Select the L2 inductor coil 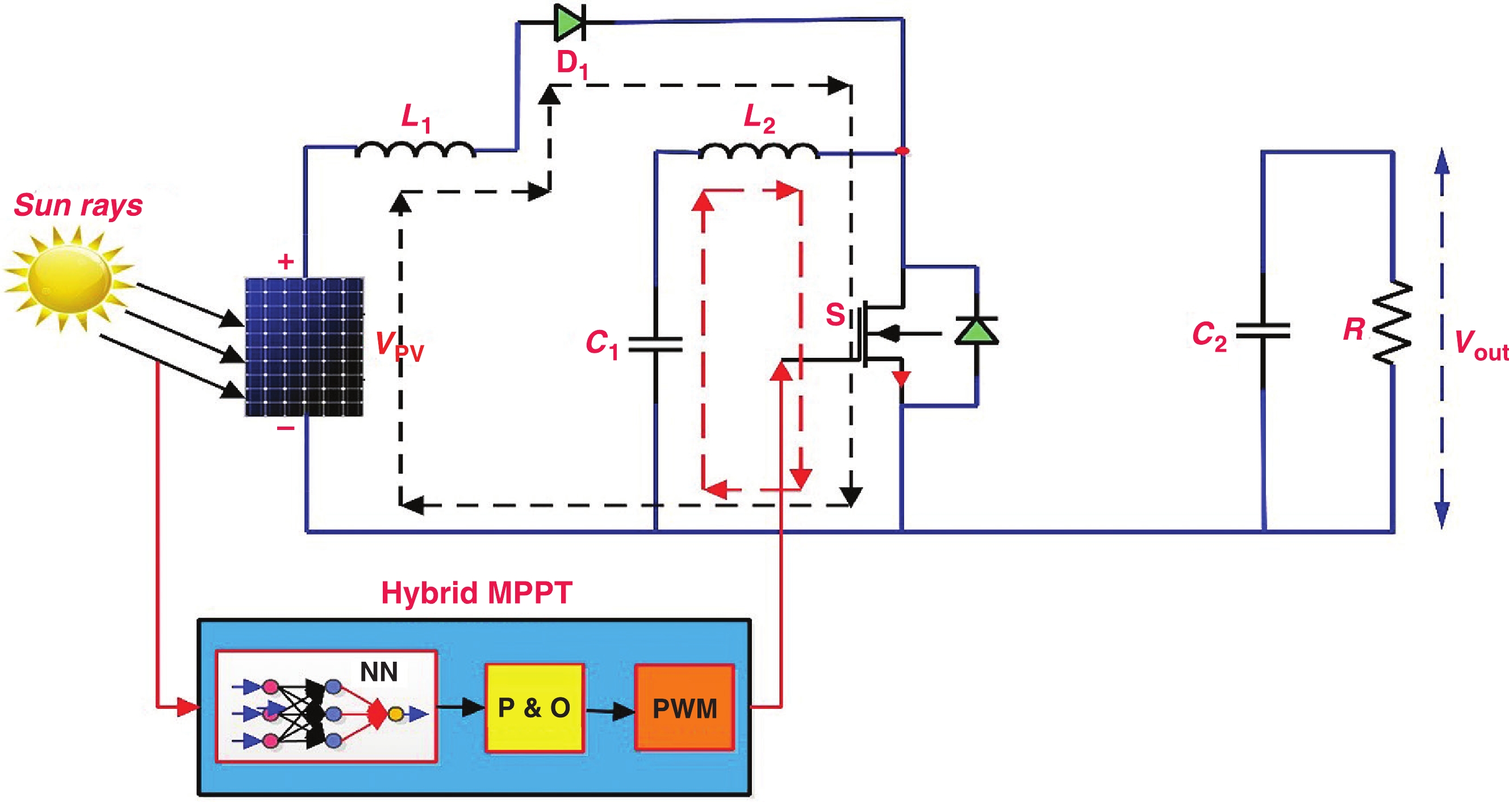point(759,152)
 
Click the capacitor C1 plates point(655,344)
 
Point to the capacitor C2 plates point(1263,331)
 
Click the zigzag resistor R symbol point(1392,323)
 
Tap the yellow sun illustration point(69,279)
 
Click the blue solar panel point(304,347)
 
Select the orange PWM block point(684,708)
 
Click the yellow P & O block point(534,708)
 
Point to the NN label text point(379,671)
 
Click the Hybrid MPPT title point(476,593)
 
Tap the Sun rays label point(78,205)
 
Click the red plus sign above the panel point(286,261)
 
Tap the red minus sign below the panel point(285,429)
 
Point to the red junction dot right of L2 point(904,151)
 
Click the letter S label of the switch point(835,315)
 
